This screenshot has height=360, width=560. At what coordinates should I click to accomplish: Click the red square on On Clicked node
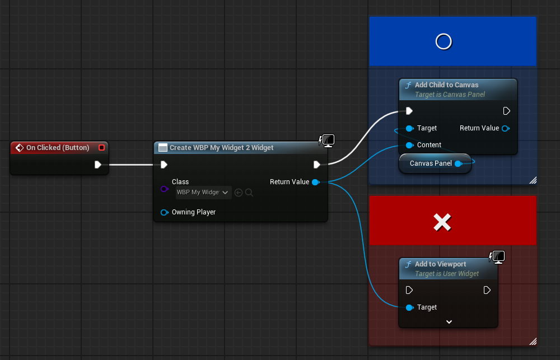tap(101, 147)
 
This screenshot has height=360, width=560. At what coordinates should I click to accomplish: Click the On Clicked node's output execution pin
tap(98, 165)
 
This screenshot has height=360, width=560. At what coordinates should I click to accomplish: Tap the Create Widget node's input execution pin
tap(164, 165)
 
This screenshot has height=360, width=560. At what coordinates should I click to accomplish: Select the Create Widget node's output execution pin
tap(317, 165)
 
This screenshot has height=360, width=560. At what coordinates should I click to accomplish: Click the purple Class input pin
tap(164, 189)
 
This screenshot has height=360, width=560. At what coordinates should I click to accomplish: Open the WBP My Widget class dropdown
tap(203, 193)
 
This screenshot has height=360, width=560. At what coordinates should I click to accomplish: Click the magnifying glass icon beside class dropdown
tap(249, 193)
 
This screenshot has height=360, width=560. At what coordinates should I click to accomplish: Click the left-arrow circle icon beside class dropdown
tap(239, 193)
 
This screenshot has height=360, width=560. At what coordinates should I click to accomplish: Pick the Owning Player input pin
tap(164, 213)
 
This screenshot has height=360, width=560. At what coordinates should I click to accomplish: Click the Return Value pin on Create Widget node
tap(315, 182)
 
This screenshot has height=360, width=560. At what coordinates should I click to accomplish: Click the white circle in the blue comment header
tap(444, 41)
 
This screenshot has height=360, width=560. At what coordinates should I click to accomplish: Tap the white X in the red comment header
tap(442, 222)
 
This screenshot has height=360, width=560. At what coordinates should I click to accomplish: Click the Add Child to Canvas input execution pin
tap(409, 111)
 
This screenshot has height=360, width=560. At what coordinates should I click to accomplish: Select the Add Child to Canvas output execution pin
tap(506, 111)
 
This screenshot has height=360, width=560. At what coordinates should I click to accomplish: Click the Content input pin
tap(410, 145)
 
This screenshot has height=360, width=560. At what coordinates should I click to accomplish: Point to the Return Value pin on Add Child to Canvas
tap(505, 129)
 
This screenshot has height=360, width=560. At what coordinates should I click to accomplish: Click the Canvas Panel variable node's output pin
tap(458, 164)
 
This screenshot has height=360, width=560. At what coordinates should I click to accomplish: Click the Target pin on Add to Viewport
tap(410, 307)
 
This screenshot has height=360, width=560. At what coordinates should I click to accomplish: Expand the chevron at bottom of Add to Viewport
tap(449, 322)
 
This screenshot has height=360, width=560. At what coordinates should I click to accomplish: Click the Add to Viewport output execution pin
tap(487, 290)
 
